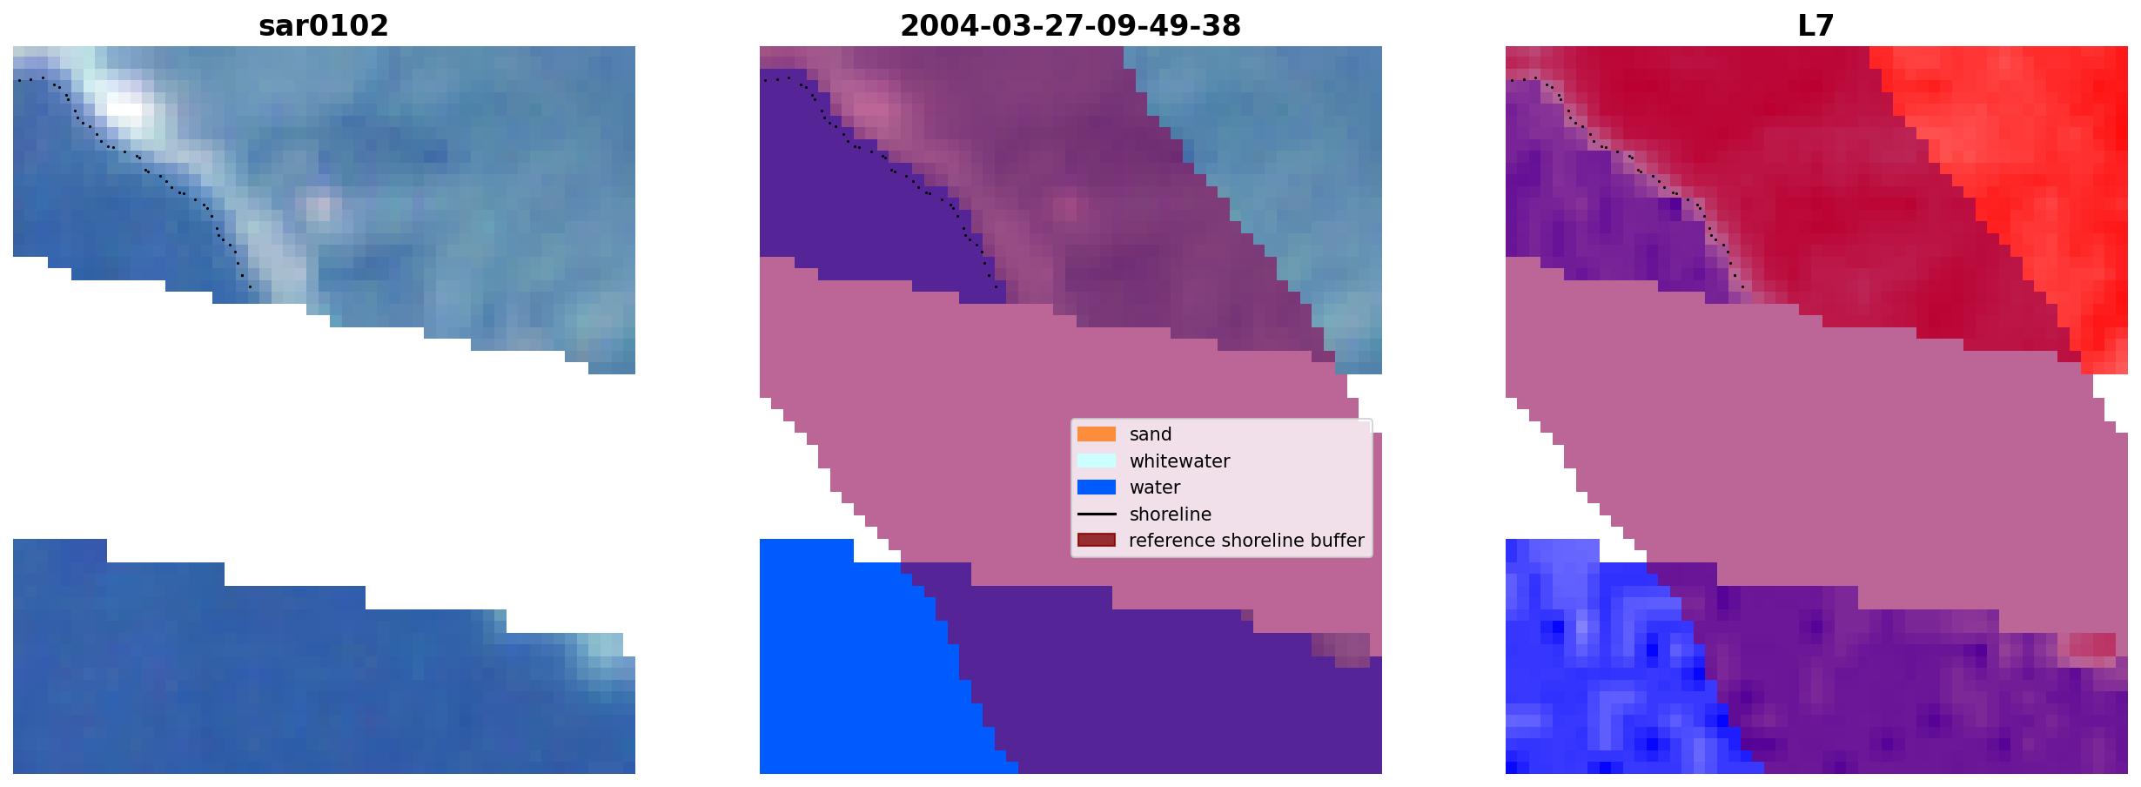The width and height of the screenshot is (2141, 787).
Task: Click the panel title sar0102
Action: (324, 26)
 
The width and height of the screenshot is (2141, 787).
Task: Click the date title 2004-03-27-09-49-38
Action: (1070, 26)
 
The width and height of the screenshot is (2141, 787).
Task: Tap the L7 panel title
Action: (1816, 26)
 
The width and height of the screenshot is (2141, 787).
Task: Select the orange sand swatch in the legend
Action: (1097, 434)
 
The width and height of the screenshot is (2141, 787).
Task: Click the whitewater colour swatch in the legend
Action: (1097, 461)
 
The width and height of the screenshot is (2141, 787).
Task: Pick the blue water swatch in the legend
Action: (1097, 488)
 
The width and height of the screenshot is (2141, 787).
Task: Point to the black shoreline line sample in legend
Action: (1097, 515)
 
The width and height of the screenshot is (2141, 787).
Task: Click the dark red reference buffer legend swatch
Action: (1097, 541)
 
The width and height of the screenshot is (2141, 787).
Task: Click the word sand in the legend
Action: (1151, 434)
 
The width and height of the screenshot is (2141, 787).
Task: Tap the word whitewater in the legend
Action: (1179, 461)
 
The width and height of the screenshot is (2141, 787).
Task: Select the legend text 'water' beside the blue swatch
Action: (1155, 488)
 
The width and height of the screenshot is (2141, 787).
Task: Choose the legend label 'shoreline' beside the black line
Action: (1171, 515)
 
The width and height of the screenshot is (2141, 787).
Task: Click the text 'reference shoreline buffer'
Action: (1246, 541)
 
